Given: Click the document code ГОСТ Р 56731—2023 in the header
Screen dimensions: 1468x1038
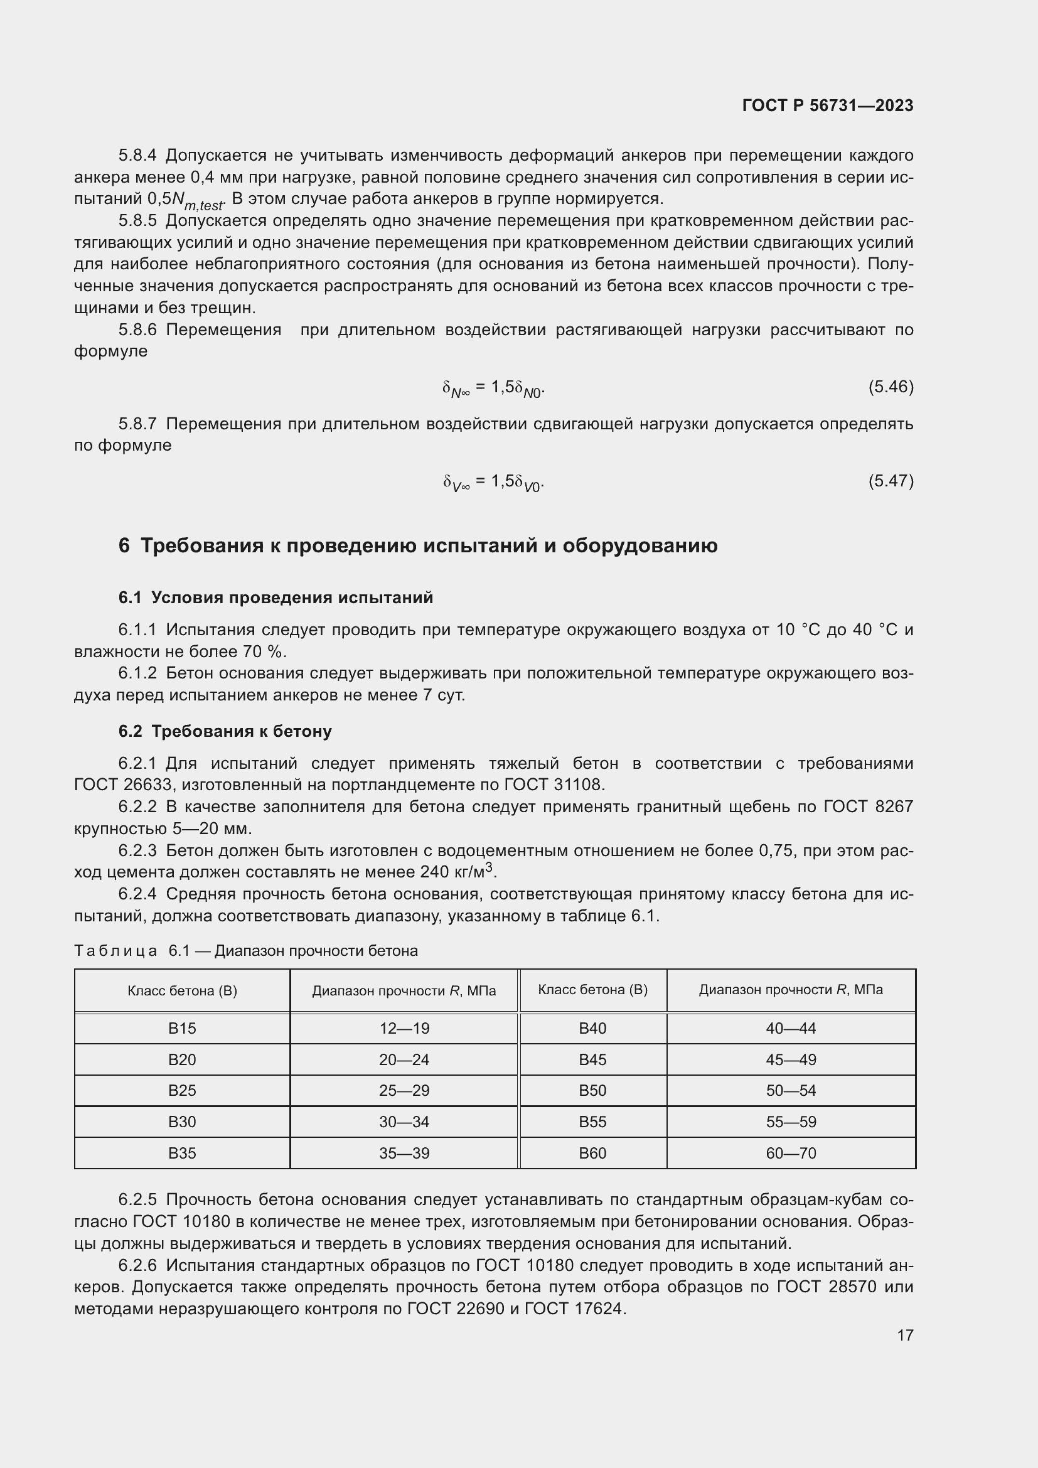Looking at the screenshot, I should click(828, 105).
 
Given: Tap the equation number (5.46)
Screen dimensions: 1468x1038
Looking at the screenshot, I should click(891, 386).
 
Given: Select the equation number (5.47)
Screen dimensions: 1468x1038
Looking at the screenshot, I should click(891, 480).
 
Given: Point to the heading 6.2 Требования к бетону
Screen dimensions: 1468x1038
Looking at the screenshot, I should click(225, 731).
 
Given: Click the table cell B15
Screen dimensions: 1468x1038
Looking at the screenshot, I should click(182, 1028).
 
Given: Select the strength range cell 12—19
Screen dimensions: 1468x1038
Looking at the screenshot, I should click(404, 1028).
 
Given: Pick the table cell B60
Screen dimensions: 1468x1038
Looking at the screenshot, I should click(592, 1153).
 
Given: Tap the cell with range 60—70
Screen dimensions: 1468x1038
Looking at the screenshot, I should click(791, 1153).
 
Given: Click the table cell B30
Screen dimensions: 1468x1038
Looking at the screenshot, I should click(182, 1122).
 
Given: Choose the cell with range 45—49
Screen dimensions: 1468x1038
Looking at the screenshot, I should click(791, 1059).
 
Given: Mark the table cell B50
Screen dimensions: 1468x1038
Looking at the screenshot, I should click(592, 1090).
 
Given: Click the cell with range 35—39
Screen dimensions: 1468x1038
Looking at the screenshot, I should click(404, 1153).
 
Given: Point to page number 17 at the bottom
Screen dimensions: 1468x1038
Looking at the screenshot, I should click(905, 1335).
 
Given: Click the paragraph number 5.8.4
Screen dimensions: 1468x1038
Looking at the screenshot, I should click(137, 156).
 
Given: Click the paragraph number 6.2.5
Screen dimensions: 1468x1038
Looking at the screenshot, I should click(137, 1199).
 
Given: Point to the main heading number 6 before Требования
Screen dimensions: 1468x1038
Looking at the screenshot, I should click(124, 545).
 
